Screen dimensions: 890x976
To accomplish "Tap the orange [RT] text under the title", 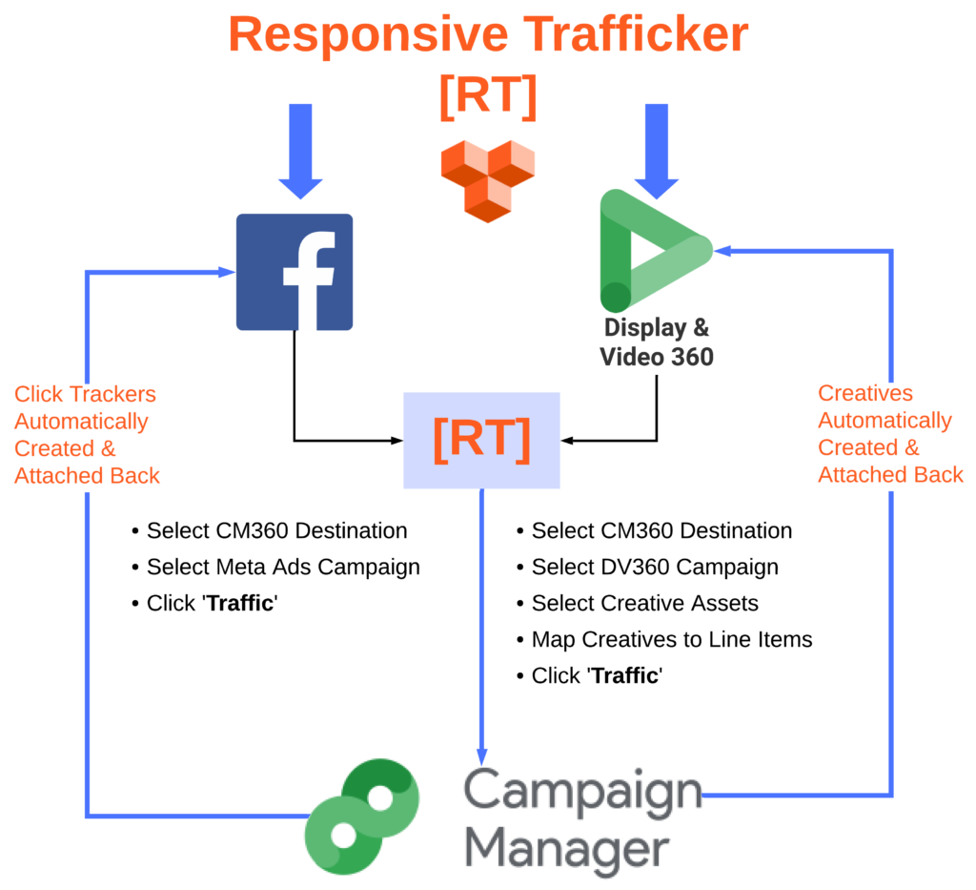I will (488, 93).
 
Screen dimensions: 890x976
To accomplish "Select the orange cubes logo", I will (487, 179).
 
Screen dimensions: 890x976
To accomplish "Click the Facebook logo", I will (295, 272).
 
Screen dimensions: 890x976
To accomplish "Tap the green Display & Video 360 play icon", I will (656, 250).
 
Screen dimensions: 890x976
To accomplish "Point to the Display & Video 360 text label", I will (657, 342).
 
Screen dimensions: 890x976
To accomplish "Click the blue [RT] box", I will (481, 441).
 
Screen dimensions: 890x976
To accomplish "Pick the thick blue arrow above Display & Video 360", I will (657, 149).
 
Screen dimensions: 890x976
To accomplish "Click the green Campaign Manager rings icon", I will (362, 817).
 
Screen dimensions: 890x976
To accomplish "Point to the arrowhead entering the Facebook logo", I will (227, 272).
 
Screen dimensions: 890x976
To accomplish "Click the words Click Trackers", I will (86, 394).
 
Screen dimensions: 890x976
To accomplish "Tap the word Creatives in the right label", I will (865, 393).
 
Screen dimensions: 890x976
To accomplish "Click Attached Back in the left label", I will (88, 475).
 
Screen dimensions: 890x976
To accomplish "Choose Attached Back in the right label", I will (891, 474).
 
